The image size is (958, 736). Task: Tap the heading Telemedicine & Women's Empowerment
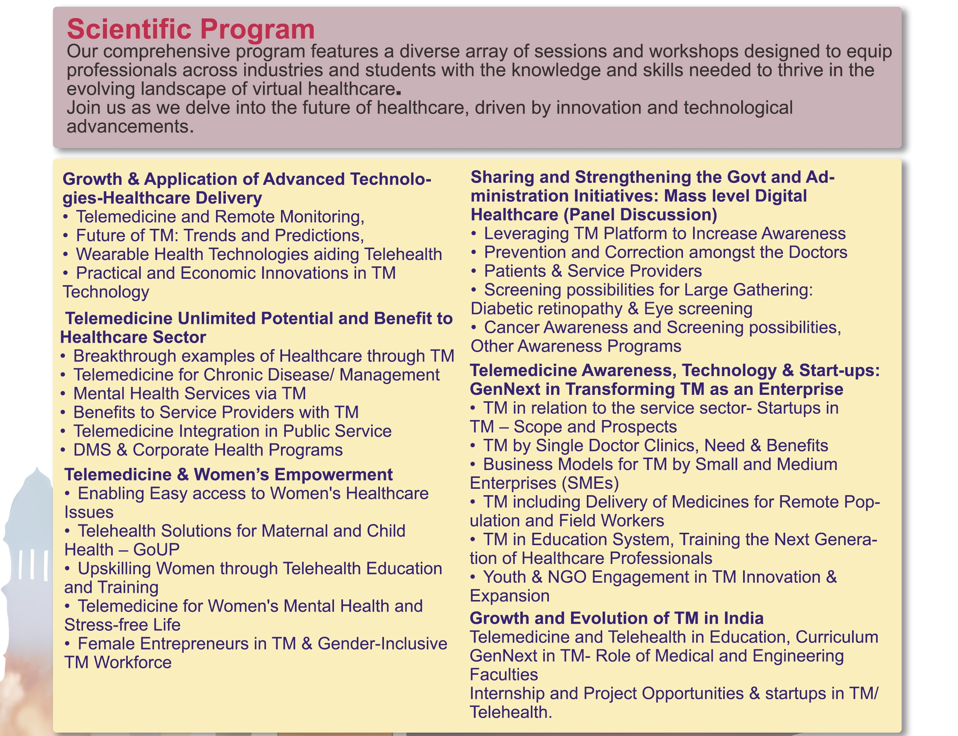coord(228,475)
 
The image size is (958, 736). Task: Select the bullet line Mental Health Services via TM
coord(189,393)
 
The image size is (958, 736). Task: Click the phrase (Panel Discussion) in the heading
coord(640,215)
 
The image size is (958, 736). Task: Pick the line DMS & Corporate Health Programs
coord(207,450)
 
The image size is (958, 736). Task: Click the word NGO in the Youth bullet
coord(567,577)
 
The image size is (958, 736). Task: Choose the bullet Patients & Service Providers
coord(592,271)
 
